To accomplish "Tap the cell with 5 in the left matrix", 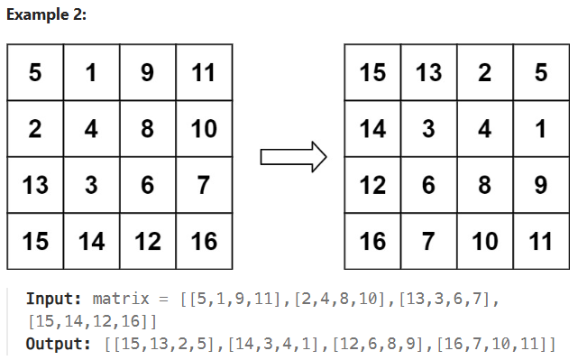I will coord(35,72).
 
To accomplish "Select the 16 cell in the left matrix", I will coord(203,241).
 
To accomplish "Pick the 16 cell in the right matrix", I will coord(372,241).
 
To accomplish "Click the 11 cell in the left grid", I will coord(203,72).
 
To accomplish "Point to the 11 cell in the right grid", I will coord(541,241).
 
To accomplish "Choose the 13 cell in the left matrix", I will coord(35,185).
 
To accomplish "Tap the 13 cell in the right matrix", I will coord(428,72).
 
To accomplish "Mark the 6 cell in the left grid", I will coord(147,185).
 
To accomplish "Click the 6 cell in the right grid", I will coord(428,185).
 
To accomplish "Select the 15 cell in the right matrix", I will coord(372,72).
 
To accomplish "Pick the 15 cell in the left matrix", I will coord(35,241).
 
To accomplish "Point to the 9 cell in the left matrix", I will coord(147,72).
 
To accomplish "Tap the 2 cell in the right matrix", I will coord(485,72).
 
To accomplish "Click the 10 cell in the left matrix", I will coord(203,129).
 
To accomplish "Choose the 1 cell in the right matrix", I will coord(541,129).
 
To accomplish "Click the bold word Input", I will coord(54,299).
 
